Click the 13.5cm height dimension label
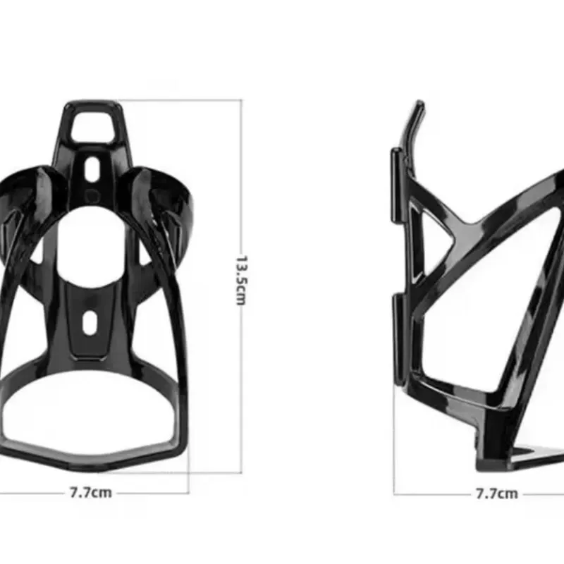(241, 281)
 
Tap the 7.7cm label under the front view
(91, 492)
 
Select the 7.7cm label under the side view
(497, 493)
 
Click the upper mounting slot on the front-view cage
(92, 169)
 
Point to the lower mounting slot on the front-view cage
(90, 323)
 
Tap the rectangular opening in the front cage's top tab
(93, 126)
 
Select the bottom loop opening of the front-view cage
(90, 413)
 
